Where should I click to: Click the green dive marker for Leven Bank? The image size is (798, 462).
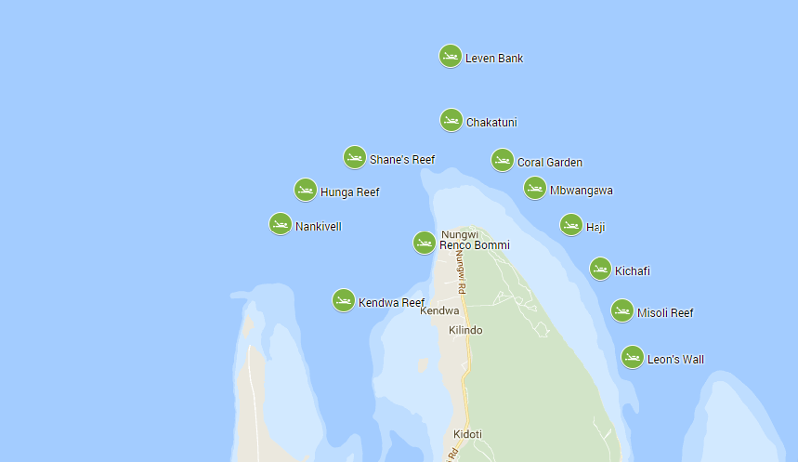pos(450,56)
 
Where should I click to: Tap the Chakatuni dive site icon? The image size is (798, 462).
pos(451,120)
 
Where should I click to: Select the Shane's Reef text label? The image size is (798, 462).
pos(402,159)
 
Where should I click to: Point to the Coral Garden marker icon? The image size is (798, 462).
pos(502,160)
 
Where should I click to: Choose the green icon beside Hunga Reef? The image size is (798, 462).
pos(306,190)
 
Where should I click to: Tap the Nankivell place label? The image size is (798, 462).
pos(318,226)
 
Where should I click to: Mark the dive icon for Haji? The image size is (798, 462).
pos(571,225)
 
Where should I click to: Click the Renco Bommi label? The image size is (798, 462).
pos(474,245)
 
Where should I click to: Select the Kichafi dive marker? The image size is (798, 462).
pos(600,269)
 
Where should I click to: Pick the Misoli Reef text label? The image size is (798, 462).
pos(665,313)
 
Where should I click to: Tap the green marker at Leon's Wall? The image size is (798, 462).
pos(632,357)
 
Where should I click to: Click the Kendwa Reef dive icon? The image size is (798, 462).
pos(343,300)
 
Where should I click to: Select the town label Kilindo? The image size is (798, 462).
pos(465,330)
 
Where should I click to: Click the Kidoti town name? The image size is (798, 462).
pos(467,434)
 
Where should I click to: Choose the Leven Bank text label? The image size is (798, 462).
pos(494,58)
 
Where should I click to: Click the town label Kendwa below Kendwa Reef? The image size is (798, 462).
pos(439,311)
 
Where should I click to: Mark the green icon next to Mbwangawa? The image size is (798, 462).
pos(535,188)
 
